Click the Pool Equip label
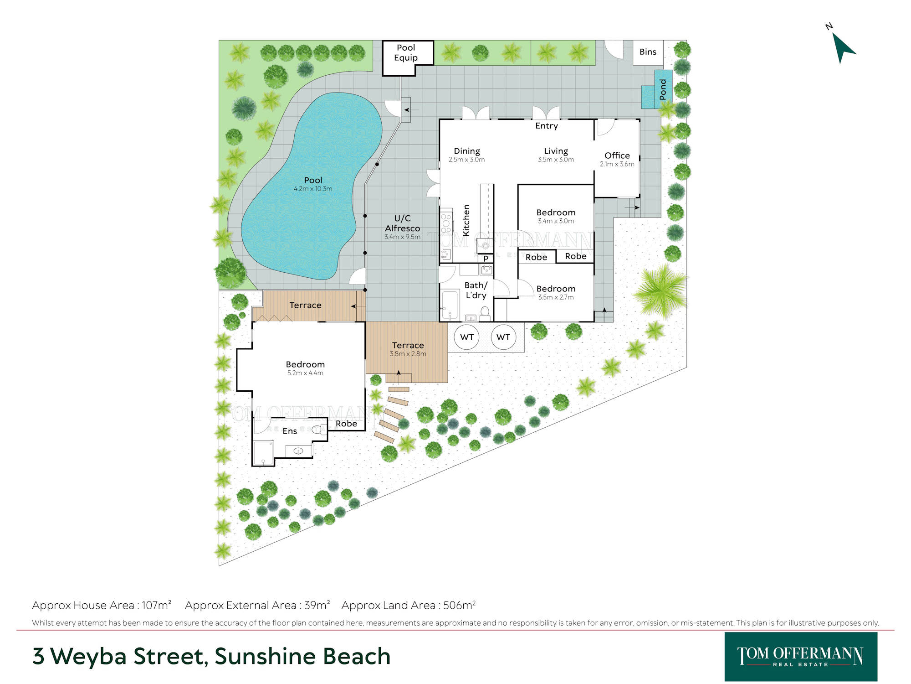coord(406,52)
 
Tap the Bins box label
coord(648,52)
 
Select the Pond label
coord(663,89)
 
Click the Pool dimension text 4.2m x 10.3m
coord(313,189)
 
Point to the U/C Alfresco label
coord(402,223)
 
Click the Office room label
coord(617,155)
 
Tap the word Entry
coord(547,126)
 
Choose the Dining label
coord(467,151)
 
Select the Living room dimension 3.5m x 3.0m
coord(556,160)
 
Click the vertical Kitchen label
coord(466,220)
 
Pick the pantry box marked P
coord(486,259)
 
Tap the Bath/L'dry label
coord(476,290)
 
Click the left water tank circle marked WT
coord(467,337)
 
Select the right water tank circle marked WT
coord(503,337)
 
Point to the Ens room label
coord(290,431)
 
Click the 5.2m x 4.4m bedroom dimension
coord(305,373)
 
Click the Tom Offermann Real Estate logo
coord(801,657)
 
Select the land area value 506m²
coord(460,605)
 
